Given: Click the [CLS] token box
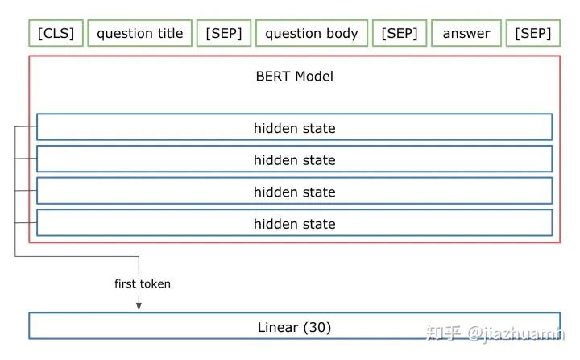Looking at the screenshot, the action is (56, 34).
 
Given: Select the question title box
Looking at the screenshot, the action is (139, 34).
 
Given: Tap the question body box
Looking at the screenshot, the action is (311, 34).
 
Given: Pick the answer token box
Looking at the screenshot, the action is (466, 34).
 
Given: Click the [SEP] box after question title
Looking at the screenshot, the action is (224, 34).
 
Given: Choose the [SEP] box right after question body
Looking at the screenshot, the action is (399, 34).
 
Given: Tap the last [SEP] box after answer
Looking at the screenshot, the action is (532, 34).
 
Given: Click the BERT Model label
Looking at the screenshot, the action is (294, 77).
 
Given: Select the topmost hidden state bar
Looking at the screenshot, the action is (294, 128).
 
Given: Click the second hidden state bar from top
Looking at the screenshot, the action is (294, 159).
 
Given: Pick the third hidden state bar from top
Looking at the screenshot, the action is (294, 192).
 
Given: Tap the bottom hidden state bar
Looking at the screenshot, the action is (294, 223).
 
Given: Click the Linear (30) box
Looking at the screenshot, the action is (294, 327).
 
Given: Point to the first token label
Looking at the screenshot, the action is (142, 283).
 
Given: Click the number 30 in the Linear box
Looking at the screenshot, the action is (317, 328).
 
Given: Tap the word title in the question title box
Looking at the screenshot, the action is (168, 34).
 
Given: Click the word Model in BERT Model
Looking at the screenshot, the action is (313, 77).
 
